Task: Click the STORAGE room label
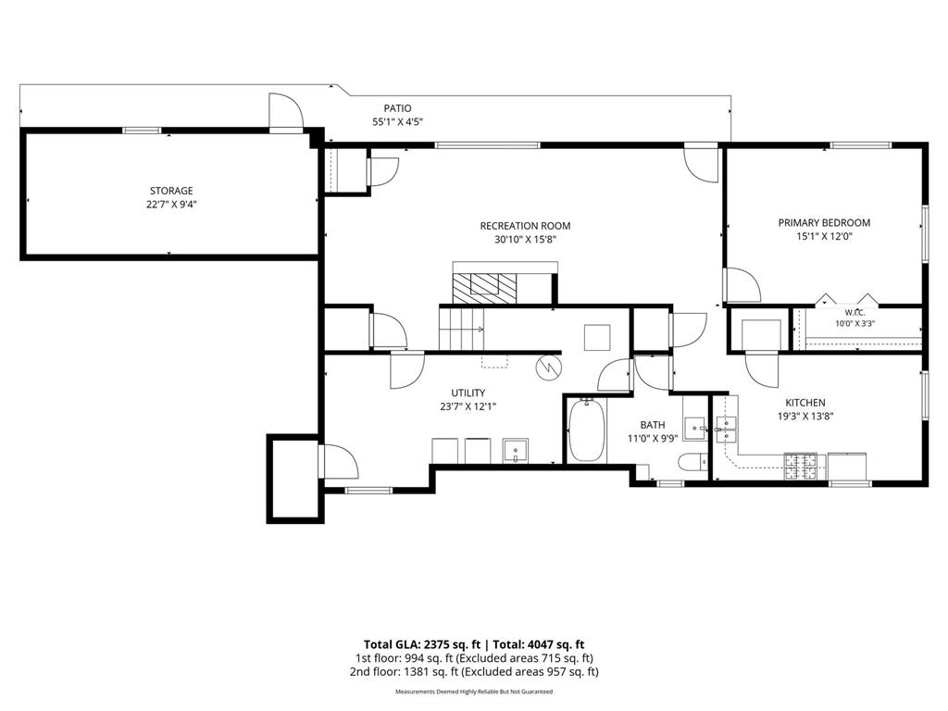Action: point(171,191)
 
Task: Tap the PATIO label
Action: point(397,108)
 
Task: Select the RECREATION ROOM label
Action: point(525,226)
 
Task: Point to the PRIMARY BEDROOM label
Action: point(824,223)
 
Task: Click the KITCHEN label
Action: point(805,403)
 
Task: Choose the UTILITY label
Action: point(468,393)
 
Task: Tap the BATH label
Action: point(653,425)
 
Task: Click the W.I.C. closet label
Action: point(854,313)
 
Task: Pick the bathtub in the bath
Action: point(586,430)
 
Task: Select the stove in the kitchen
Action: point(801,467)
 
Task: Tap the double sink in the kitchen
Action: point(726,430)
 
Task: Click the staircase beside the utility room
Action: point(461,329)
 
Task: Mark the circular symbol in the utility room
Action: point(549,368)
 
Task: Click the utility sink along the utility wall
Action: point(516,451)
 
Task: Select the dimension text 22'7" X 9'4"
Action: point(171,205)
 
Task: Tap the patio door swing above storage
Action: point(285,112)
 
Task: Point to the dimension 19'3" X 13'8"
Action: point(805,417)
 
